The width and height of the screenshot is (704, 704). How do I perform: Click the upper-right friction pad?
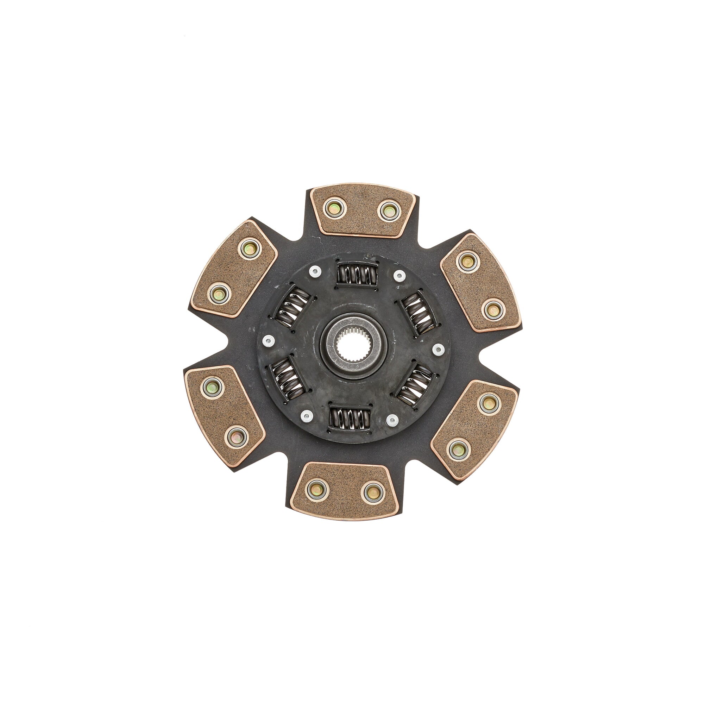pos(480,283)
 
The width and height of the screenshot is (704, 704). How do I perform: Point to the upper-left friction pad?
pos(234,269)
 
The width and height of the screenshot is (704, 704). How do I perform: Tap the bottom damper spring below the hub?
pos(350,418)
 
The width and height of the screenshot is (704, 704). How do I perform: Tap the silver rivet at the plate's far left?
pos(269,340)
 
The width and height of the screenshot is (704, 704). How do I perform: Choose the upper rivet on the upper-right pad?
pos(467,262)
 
